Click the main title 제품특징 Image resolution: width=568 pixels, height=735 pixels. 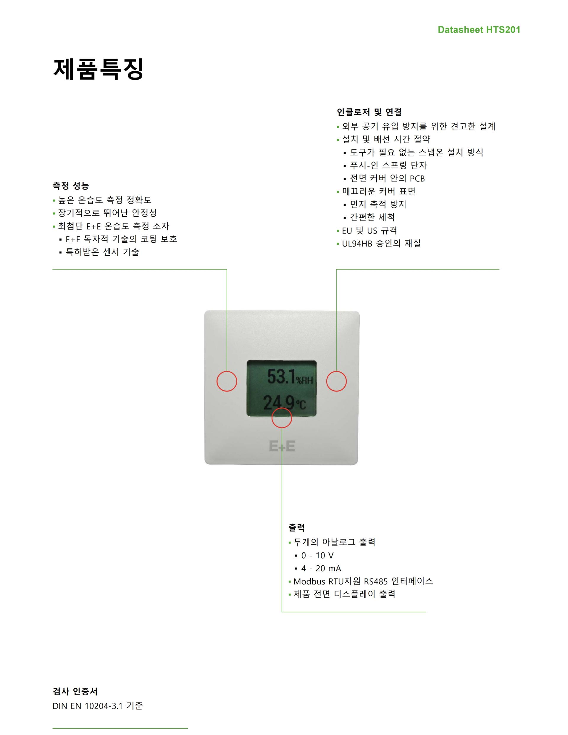point(98,69)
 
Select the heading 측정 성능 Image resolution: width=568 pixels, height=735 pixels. point(71,186)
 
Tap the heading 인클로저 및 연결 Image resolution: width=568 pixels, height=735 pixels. point(369,112)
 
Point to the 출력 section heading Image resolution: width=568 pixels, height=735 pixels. point(296,527)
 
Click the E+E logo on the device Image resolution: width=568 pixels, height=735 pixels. point(282,446)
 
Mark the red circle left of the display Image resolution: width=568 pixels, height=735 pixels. point(227,381)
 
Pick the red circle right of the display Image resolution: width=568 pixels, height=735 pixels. point(336,381)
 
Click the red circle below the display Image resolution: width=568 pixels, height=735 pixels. point(282,418)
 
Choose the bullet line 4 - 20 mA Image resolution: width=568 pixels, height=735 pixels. point(321,568)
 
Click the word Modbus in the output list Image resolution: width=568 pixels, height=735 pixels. point(309,581)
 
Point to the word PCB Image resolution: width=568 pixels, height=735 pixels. point(417,179)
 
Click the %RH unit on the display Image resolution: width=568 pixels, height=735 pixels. point(304,380)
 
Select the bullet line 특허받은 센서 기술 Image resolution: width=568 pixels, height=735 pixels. point(102,252)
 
